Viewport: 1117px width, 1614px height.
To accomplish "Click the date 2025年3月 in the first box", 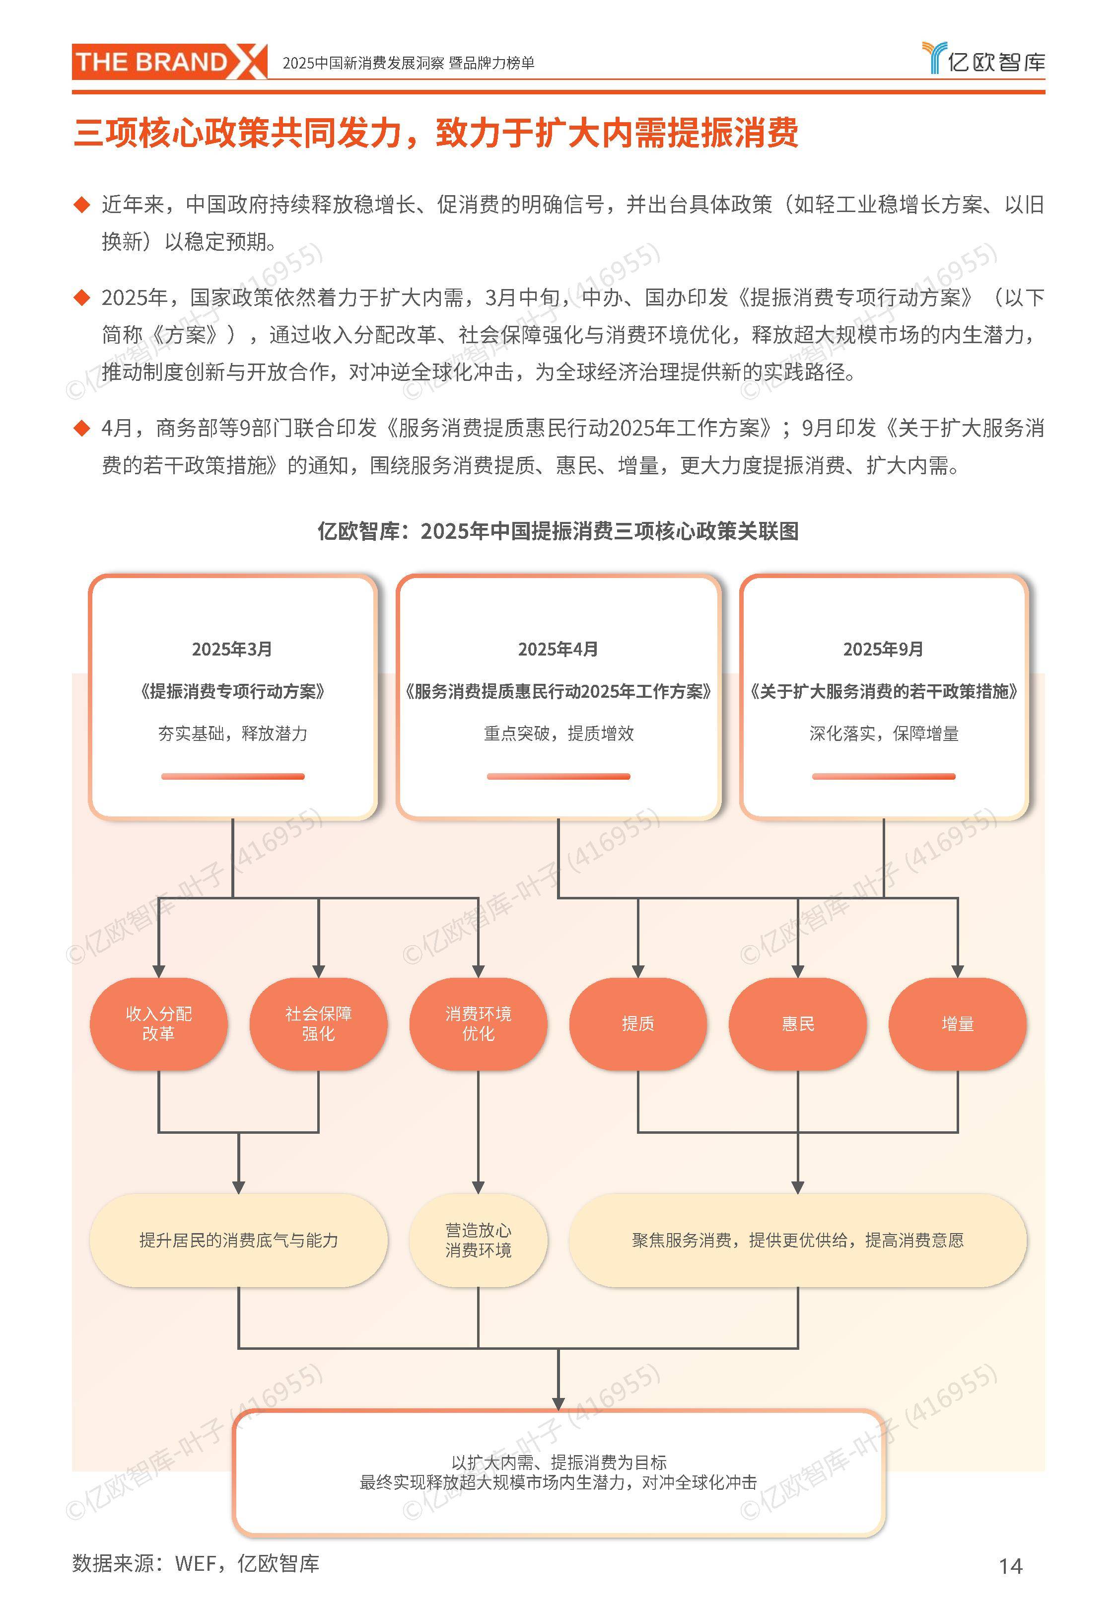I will [x=232, y=649].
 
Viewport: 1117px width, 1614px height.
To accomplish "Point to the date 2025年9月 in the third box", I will [x=883, y=649].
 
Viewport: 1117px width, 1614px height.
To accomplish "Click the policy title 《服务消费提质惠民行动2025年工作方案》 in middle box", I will [x=558, y=691].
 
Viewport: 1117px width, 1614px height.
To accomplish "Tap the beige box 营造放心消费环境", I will [x=478, y=1240].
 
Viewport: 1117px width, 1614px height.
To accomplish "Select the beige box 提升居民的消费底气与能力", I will [x=239, y=1240].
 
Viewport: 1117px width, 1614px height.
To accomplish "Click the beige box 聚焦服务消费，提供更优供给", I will [x=797, y=1240].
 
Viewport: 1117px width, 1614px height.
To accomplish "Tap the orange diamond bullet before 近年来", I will [x=82, y=205].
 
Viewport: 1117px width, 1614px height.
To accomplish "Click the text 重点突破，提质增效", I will [x=558, y=734].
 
